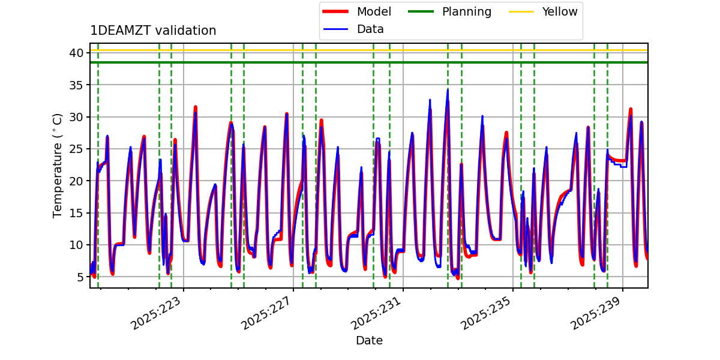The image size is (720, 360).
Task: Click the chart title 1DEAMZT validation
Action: pyautogui.click(x=153, y=31)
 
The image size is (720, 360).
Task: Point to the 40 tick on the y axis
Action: pyautogui.click(x=76, y=53)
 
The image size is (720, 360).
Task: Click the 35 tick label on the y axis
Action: pyautogui.click(x=76, y=85)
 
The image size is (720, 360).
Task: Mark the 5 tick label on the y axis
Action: pyautogui.click(x=79, y=277)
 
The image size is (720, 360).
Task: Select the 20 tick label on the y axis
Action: pyautogui.click(x=76, y=181)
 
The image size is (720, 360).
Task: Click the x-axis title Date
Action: pyautogui.click(x=369, y=340)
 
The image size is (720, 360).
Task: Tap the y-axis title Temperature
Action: pyautogui.click(x=58, y=165)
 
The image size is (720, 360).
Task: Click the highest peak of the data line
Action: pyautogui.click(x=448, y=90)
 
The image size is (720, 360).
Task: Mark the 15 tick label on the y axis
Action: pyautogui.click(x=76, y=213)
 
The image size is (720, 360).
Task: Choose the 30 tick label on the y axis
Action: pyautogui.click(x=76, y=117)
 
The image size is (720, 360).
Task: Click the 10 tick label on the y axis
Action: pyautogui.click(x=76, y=245)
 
